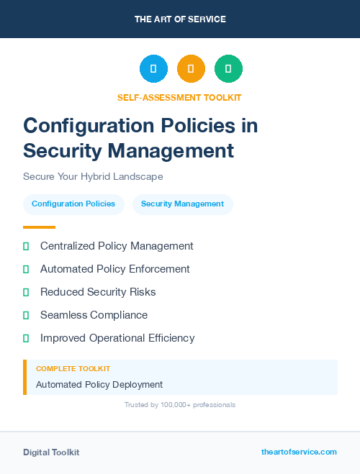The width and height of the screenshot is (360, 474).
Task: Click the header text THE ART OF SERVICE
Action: (x=180, y=19)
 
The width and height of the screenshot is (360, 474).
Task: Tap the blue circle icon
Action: (x=153, y=69)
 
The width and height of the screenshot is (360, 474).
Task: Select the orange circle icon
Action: (x=191, y=69)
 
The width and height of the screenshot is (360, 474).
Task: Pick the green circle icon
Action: (x=228, y=69)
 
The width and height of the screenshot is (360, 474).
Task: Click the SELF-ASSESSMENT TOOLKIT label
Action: (x=179, y=97)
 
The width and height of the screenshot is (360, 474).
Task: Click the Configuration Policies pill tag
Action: (x=73, y=204)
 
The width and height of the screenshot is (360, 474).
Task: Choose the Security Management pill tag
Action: (x=182, y=204)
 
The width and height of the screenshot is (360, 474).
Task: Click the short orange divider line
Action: (x=39, y=227)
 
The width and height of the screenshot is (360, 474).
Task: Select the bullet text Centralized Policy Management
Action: (x=117, y=246)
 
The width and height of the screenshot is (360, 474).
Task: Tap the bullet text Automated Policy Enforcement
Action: (x=115, y=269)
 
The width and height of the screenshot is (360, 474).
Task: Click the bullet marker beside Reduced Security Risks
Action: (x=26, y=292)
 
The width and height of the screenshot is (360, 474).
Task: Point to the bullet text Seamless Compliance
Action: (x=94, y=315)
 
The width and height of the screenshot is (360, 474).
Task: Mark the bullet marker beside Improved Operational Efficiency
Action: (x=26, y=338)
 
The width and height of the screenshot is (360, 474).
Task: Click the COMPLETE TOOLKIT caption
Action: (x=73, y=369)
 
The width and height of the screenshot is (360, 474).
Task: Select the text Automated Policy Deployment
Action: (x=99, y=385)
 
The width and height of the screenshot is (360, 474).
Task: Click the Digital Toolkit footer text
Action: (x=51, y=452)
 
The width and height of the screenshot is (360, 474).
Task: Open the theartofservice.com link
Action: (x=299, y=452)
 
